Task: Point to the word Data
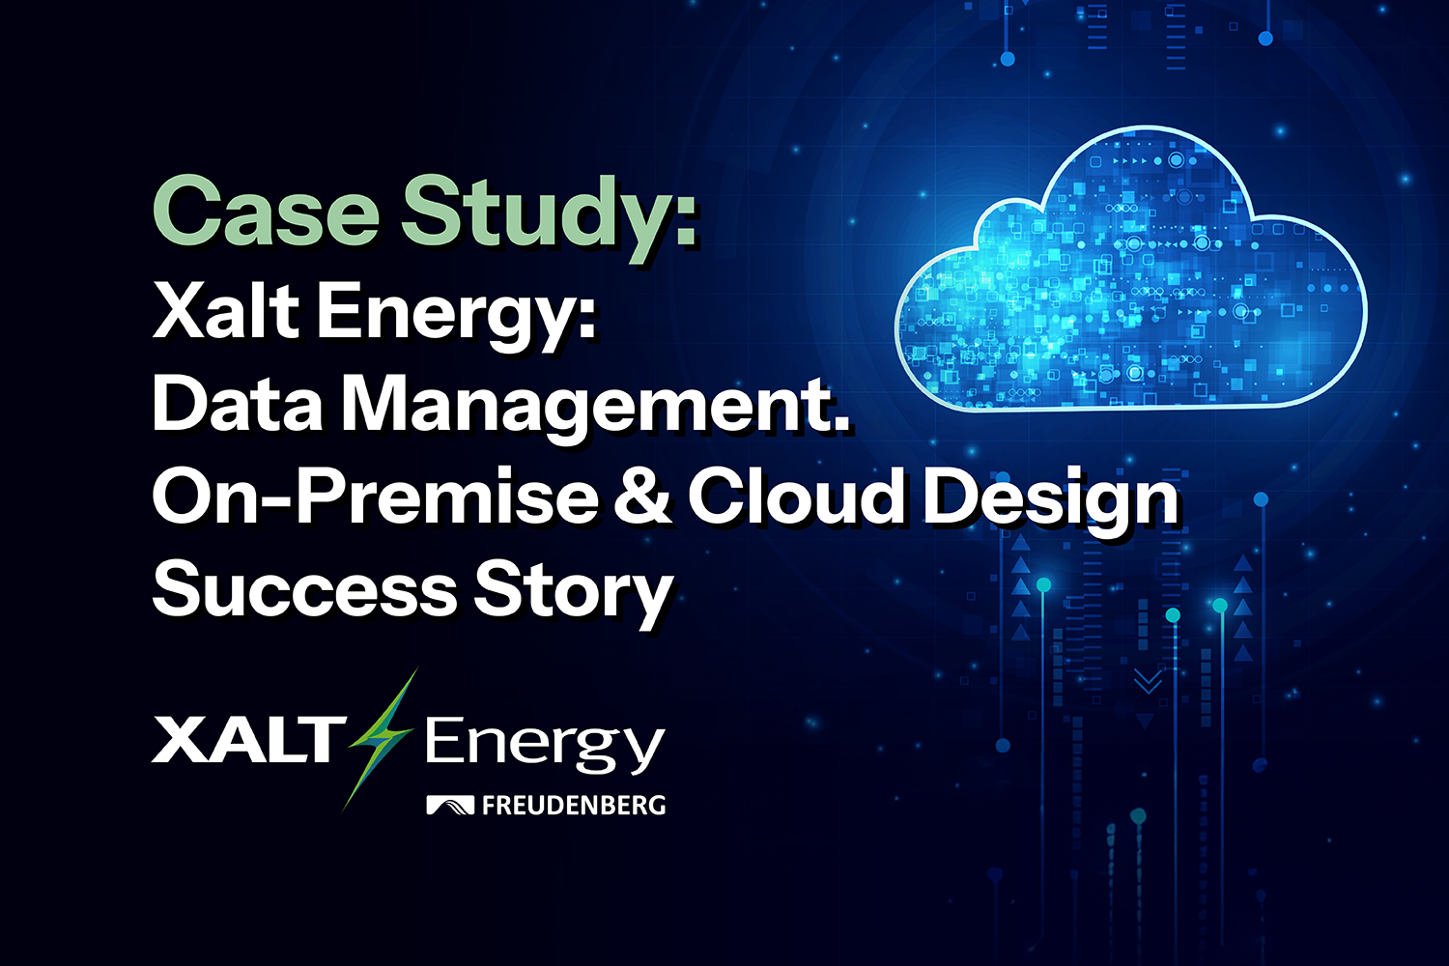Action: click(238, 403)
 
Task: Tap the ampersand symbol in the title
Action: click(643, 497)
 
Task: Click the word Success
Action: click(304, 589)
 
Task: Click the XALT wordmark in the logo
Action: click(245, 741)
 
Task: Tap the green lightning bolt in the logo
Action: click(382, 739)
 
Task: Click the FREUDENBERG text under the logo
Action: click(574, 805)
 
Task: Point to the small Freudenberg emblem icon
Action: click(450, 805)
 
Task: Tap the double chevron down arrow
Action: click(1148, 683)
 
